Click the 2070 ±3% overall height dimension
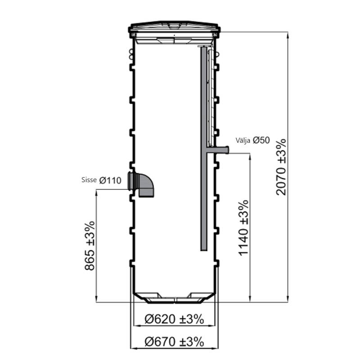281,167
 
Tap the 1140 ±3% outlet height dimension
243,228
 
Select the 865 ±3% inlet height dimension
90,246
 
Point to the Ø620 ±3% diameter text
174,319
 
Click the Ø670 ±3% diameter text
174,342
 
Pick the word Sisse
89,180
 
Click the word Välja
243,140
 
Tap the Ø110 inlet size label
110,180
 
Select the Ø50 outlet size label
261,140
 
